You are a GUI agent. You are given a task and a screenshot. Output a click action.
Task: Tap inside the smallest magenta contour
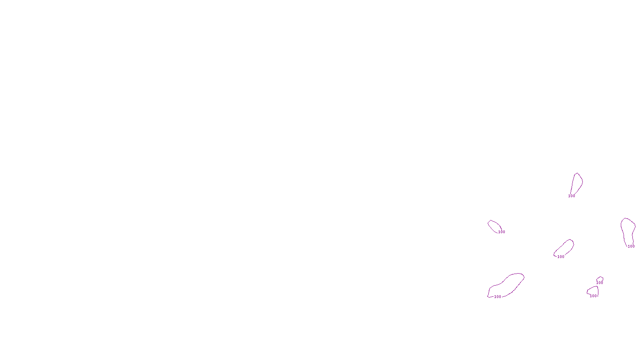point(600,279)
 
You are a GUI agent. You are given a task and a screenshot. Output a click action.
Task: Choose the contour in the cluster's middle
point(565,248)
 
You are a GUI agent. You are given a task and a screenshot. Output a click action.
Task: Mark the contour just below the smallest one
point(593,291)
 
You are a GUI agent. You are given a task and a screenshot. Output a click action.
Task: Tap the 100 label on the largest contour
point(498,297)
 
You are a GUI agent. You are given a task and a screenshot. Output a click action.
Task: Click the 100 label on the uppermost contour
point(572,196)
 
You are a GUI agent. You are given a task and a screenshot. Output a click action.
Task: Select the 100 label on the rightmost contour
point(631,246)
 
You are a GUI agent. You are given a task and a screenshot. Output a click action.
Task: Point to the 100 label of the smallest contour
point(600,283)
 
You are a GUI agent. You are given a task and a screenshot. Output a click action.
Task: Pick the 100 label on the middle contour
point(561,257)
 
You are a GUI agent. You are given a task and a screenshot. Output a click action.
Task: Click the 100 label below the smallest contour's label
point(593,296)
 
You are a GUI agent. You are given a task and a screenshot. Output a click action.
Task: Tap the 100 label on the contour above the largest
point(502,232)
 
